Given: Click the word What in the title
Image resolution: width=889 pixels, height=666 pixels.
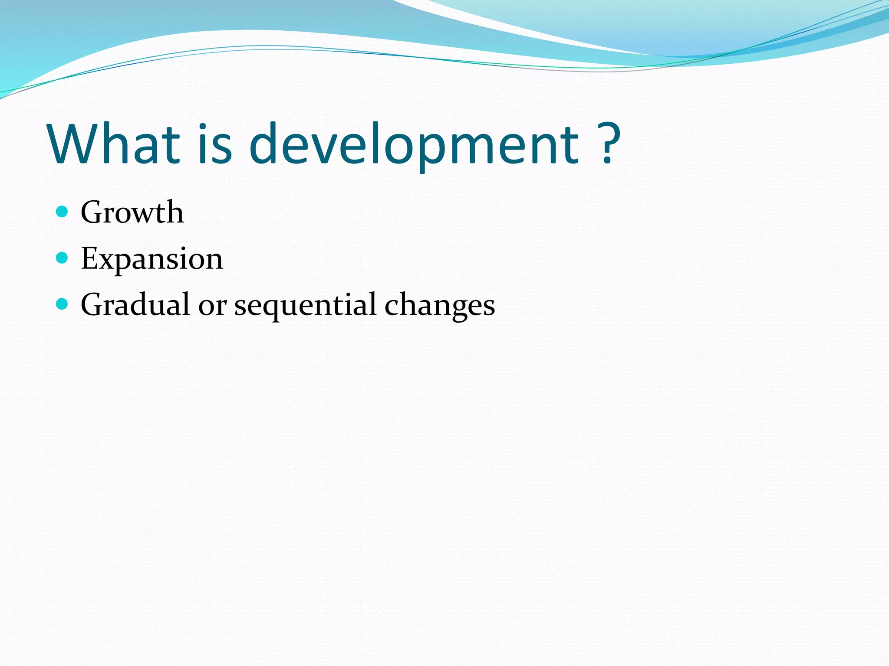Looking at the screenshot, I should pos(114,144).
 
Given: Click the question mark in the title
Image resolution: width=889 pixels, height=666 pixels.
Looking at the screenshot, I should pos(608,143).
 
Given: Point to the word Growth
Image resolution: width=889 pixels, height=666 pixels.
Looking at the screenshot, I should pos(132,212).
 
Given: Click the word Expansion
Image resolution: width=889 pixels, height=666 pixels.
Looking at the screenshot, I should pos(151,259).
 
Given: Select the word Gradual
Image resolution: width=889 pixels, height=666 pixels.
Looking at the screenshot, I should pos(135,305).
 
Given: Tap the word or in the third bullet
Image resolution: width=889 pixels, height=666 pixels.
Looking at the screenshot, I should pos(212,306).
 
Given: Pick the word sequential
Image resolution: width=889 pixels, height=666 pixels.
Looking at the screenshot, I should pos(305,306).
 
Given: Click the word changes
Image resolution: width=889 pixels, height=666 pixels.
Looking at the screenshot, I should pos(439,306).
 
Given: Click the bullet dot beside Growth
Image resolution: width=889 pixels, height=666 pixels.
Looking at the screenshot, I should pos(63,212).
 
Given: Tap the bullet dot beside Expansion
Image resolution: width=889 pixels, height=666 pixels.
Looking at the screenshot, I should pos(63,258).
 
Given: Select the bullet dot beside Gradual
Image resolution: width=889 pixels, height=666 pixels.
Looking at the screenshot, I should pos(63,304).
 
